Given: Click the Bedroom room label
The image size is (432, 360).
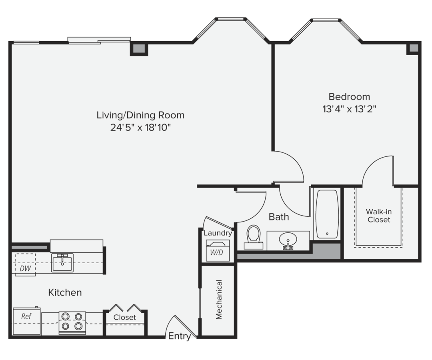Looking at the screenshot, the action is [349, 97].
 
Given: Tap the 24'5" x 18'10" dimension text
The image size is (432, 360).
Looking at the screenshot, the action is [140, 128].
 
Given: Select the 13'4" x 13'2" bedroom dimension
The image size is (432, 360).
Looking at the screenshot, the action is [349, 109].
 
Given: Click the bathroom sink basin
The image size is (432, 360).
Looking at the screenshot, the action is [288, 239].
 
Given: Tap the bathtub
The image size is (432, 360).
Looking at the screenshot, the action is [327, 214].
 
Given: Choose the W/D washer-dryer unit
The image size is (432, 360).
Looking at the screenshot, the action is [218, 250].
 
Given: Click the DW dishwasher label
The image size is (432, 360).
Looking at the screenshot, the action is [25, 268].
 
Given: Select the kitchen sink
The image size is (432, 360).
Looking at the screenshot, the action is [62, 263].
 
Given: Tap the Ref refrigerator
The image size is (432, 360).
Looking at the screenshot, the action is [27, 321].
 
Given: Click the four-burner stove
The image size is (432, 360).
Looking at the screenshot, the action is [72, 323].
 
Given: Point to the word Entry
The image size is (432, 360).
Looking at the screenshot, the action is [180, 336].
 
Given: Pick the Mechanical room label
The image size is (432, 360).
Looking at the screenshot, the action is [219, 300].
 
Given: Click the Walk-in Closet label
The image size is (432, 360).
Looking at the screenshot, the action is [379, 216].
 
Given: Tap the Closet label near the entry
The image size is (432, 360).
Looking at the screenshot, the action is [124, 317].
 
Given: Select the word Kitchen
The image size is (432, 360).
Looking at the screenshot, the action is [65, 292].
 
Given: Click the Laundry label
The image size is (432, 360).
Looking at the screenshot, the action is [218, 233].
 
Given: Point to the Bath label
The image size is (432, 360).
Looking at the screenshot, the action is [279, 217].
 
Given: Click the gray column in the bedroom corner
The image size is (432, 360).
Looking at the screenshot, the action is [413, 48].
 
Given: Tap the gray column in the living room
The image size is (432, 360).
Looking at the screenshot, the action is [139, 48].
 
